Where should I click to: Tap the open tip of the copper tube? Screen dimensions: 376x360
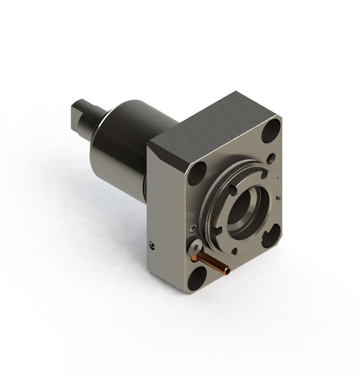(x=227, y=270)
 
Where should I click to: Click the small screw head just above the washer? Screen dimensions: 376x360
(x=193, y=228)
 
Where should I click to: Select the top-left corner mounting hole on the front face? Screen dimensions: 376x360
(x=198, y=173)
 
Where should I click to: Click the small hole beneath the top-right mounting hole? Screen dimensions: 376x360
(x=270, y=158)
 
